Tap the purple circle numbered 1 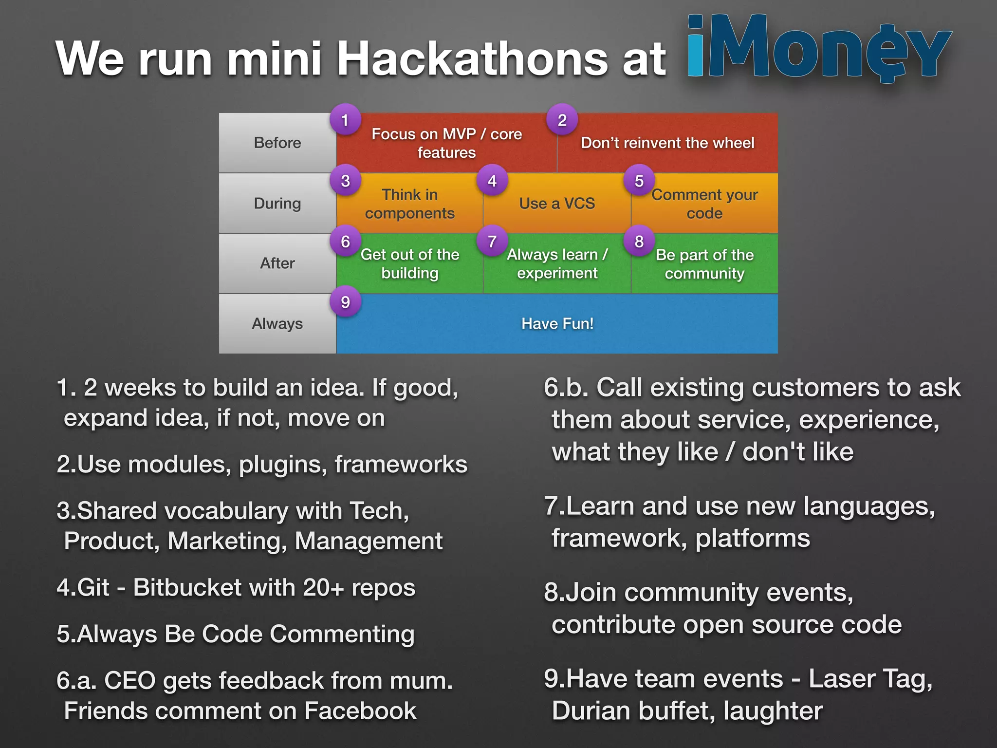345,120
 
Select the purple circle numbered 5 639,181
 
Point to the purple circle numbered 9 345,302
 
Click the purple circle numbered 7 492,241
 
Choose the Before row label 277,143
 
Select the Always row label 277,324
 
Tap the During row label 277,203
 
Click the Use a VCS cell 557,204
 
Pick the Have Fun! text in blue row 557,324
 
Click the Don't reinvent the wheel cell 667,143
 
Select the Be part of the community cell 704,264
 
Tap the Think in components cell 409,204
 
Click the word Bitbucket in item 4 187,587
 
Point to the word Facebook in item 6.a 360,711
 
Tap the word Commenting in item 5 342,634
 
